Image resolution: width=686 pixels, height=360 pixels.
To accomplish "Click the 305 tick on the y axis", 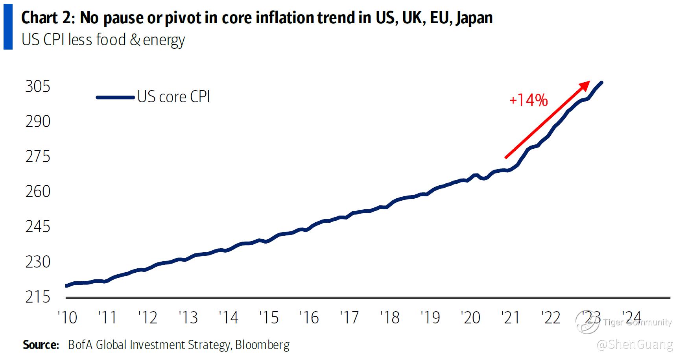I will click(38, 87).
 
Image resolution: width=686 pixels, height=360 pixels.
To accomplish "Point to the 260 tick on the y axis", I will click(38, 192).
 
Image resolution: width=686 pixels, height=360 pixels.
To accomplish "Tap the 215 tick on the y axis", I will click(38, 297).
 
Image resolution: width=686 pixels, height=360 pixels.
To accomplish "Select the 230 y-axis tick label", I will click(38, 262).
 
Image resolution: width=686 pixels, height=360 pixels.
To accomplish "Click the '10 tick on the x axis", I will click(67, 318).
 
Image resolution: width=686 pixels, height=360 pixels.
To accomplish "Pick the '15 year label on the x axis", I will click(269, 318).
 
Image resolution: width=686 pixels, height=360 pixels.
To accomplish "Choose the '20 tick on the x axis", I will click(470, 318).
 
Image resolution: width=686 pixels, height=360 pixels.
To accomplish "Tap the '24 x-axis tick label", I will click(631, 318).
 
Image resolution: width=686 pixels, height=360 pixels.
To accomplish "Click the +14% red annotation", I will click(528, 100).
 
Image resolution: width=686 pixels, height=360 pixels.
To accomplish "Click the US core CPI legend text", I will click(173, 97).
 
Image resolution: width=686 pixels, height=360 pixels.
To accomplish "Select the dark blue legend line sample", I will click(115, 97).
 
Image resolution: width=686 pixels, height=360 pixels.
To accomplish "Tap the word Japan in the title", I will click(474, 18).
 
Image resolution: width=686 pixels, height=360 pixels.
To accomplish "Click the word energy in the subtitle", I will click(164, 40).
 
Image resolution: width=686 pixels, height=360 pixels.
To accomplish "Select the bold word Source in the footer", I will click(41, 345).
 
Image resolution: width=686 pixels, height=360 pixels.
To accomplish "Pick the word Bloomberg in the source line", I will click(262, 345).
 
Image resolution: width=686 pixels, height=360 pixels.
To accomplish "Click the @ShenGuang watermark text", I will click(634, 345).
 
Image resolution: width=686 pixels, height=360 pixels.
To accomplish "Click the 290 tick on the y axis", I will click(38, 122).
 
